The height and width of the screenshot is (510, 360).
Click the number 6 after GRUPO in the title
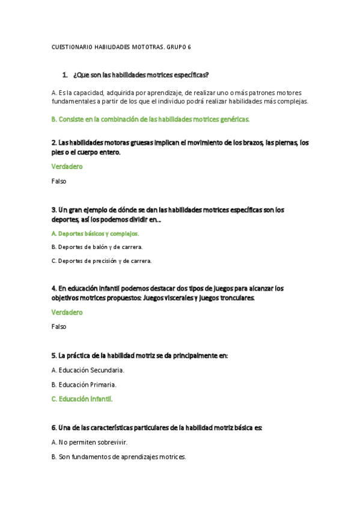[x=189, y=47]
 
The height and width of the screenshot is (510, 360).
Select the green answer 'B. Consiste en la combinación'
[x=150, y=120]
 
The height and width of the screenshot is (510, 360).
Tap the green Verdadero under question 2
[x=67, y=167]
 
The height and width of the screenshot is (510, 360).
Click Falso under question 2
[x=59, y=181]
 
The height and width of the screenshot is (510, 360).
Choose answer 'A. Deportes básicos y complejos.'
[x=95, y=233]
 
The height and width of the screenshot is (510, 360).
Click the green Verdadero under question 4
[x=67, y=313]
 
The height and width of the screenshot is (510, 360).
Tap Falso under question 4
[x=59, y=327]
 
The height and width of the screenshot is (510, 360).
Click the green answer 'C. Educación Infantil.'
[x=82, y=399]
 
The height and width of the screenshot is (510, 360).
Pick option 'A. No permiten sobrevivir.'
[x=90, y=443]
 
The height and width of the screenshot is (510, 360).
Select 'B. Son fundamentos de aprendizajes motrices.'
[x=119, y=457]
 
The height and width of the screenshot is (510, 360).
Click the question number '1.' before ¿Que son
[x=65, y=75]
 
